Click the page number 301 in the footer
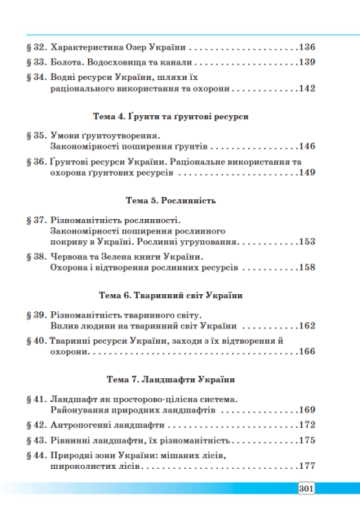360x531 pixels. pos(302,489)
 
